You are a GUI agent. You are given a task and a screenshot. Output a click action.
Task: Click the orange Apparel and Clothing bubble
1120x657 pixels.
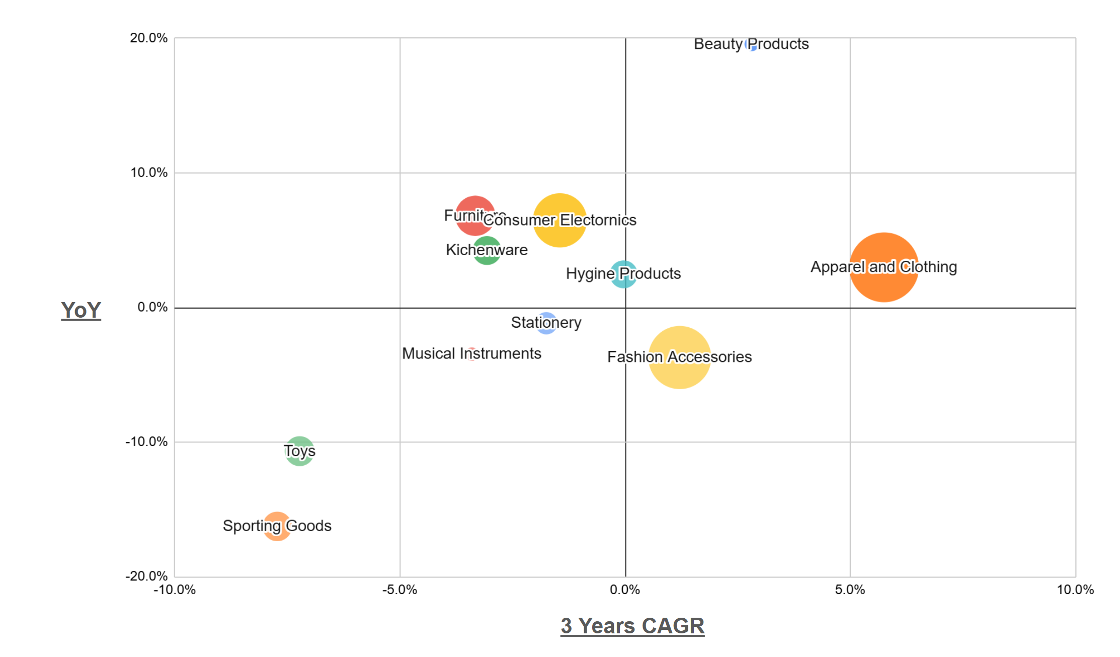point(884,267)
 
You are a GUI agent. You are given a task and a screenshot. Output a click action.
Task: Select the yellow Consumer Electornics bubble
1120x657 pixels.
point(559,220)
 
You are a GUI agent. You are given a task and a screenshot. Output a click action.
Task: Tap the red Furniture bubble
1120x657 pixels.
point(474,215)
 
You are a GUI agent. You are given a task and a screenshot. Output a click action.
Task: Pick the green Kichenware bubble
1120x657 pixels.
point(487,250)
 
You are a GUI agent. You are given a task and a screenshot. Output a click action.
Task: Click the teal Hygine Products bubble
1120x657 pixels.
point(623,274)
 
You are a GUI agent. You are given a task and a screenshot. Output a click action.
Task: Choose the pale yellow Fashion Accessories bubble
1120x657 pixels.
point(679,357)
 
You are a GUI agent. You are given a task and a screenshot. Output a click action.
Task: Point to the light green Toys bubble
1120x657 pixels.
point(299,451)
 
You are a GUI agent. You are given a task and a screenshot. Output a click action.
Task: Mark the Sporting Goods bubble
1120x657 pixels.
point(277,526)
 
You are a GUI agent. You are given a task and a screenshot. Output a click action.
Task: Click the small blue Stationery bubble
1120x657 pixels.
point(546,323)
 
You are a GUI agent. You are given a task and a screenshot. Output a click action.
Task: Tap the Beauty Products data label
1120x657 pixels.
point(751,44)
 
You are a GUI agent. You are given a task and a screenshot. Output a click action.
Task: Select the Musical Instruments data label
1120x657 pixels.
point(471,353)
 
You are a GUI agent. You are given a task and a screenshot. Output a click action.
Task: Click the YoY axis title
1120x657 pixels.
point(81,310)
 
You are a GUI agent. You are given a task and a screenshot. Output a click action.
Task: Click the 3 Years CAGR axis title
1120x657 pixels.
point(632,626)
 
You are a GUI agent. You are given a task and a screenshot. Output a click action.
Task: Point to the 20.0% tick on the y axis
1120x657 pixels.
point(148,38)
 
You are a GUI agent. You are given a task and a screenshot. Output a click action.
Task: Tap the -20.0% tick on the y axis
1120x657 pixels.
point(146,576)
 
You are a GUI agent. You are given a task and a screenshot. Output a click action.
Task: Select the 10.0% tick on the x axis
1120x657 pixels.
point(1075,590)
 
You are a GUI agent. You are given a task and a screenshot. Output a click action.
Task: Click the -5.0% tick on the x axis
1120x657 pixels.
point(399,590)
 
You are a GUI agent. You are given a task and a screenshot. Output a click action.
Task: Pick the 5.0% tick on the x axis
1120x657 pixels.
point(850,590)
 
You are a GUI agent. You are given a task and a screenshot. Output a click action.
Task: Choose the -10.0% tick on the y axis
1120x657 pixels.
point(146,442)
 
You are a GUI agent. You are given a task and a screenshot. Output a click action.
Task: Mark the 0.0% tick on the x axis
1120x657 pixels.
point(625,590)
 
